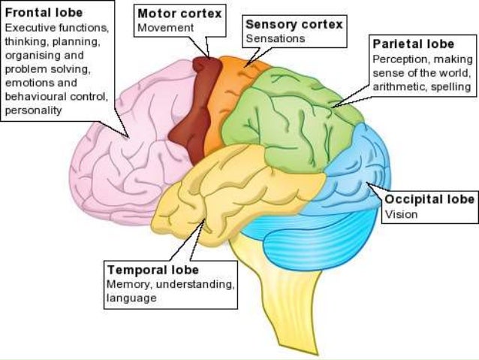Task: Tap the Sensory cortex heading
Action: (x=294, y=24)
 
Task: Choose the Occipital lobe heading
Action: (x=429, y=200)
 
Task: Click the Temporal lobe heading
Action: (x=152, y=269)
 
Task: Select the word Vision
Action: (x=401, y=214)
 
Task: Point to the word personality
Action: (x=33, y=110)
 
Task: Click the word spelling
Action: (x=451, y=86)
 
